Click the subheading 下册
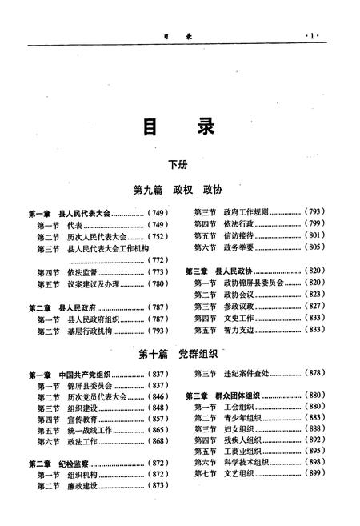pos(178,165)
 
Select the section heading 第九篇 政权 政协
pos(178,191)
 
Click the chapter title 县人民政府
pos(80,307)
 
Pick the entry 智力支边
pos(238,330)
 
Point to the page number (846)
pos(158,397)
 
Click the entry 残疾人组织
pos(241,440)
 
